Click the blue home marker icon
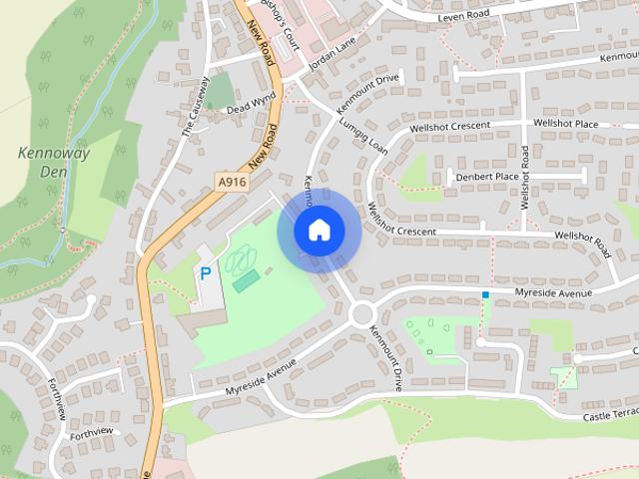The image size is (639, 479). [x=318, y=231]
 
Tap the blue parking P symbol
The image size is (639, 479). [x=206, y=272]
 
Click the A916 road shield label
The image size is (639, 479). [x=232, y=181]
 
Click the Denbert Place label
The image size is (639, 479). [x=488, y=177]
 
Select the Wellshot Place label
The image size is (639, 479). [x=565, y=123]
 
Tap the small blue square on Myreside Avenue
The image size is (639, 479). [x=485, y=294]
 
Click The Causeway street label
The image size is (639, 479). [x=193, y=112]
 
